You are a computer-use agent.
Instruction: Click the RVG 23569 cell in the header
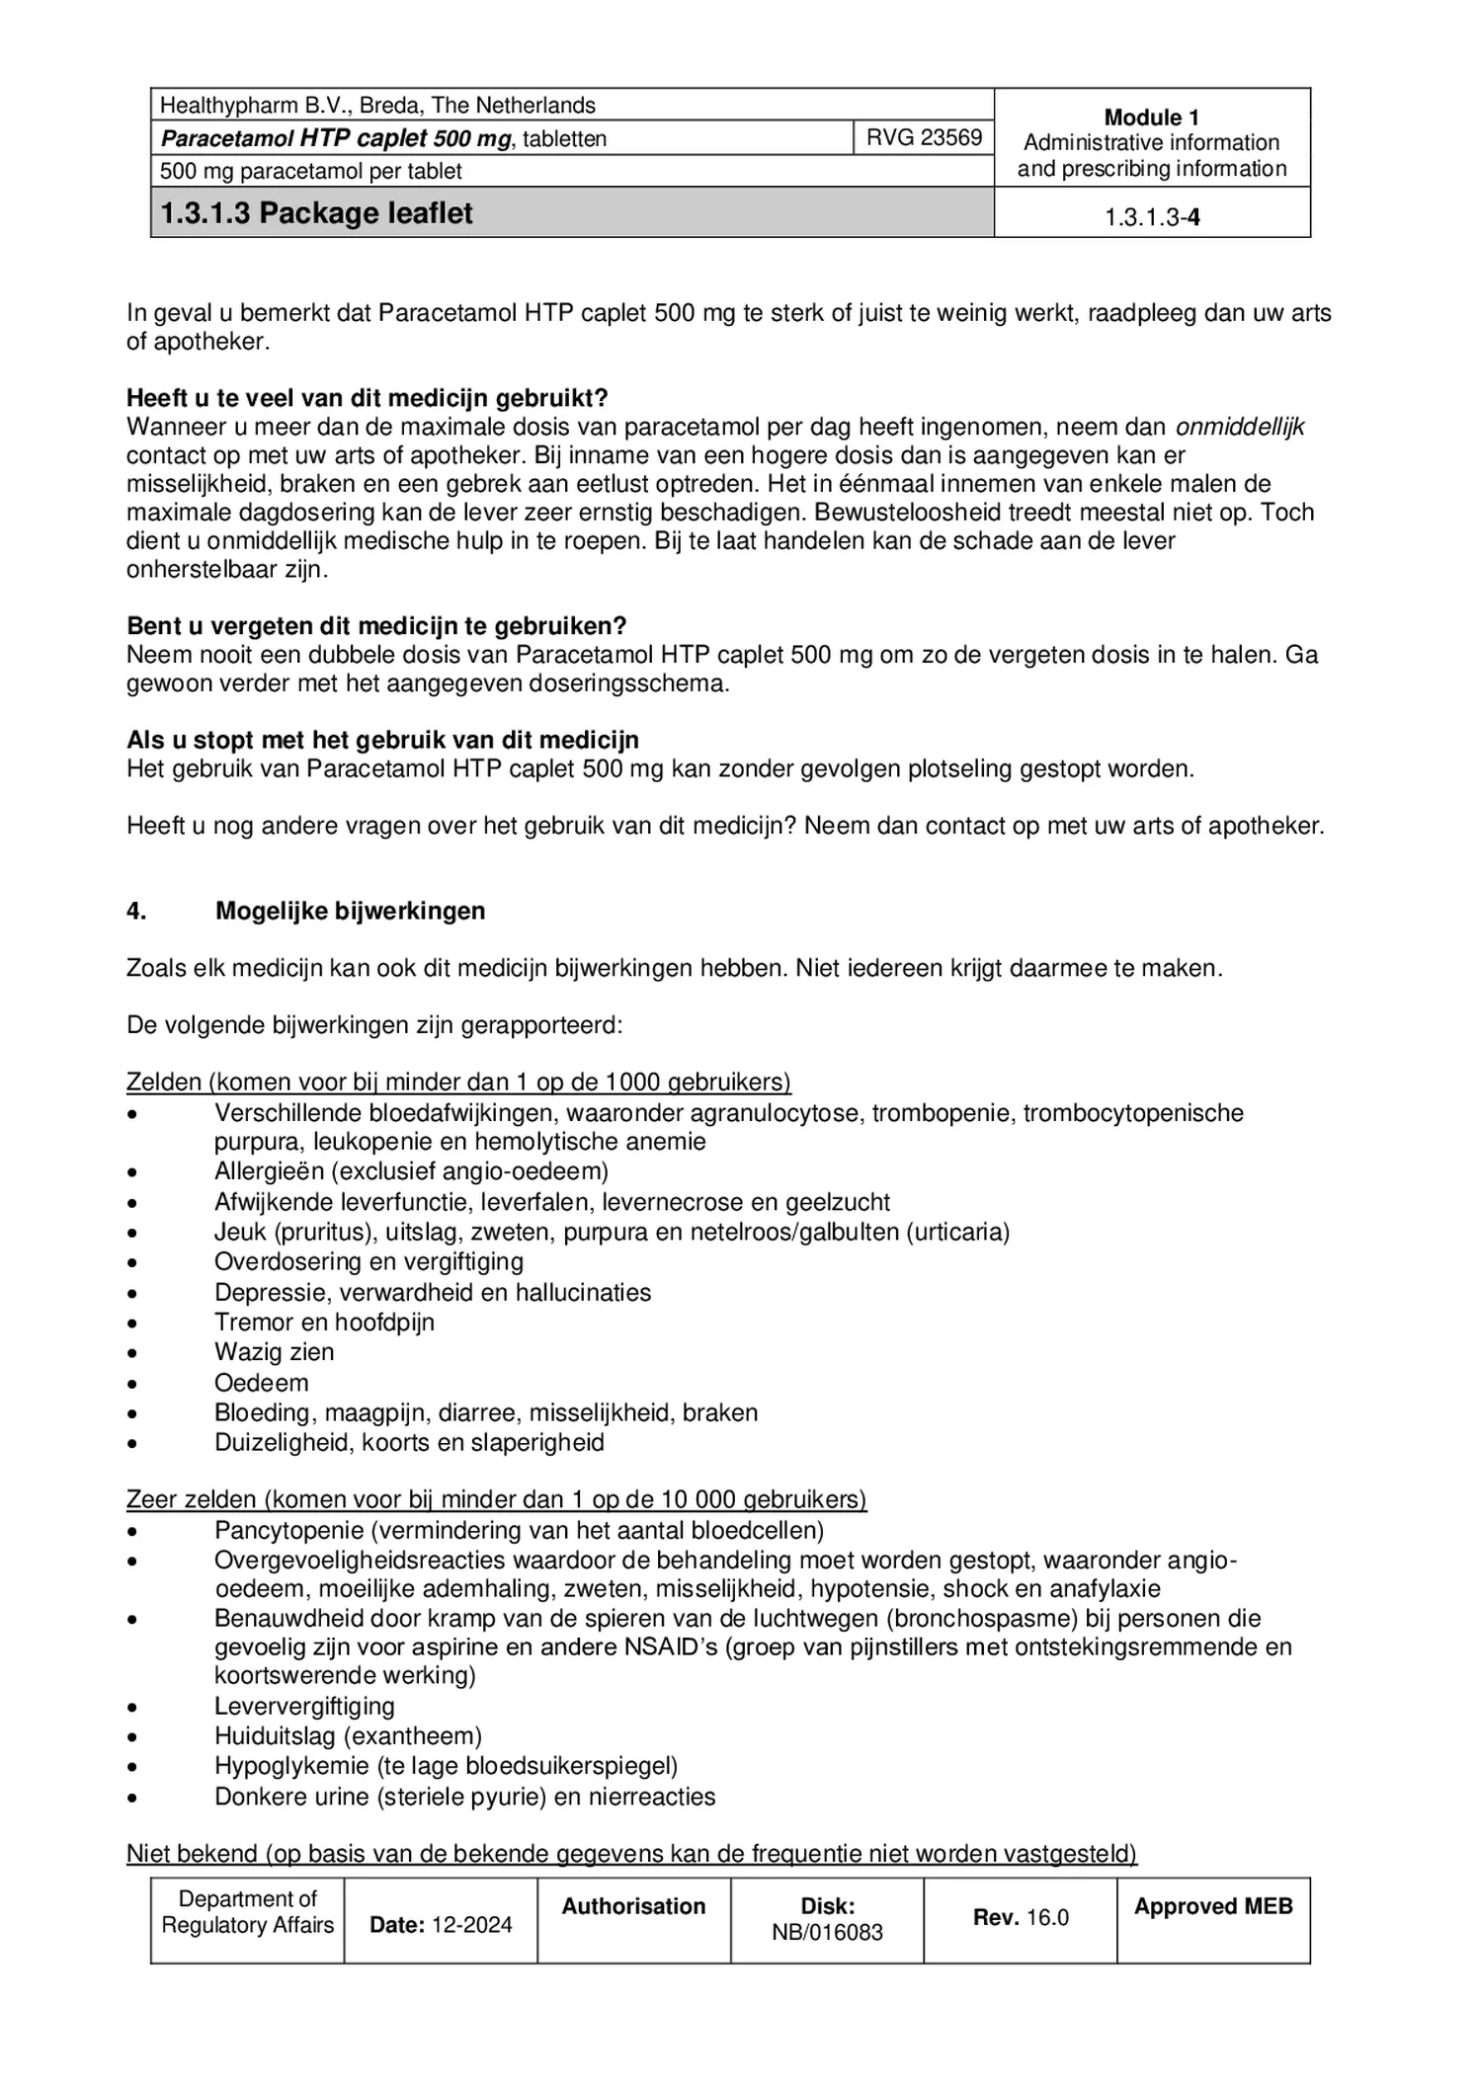click(923, 137)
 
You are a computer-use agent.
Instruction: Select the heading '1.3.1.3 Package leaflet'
click(316, 213)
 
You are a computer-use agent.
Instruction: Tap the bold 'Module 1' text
click(1151, 117)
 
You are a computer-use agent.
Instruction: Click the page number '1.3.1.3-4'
click(1151, 217)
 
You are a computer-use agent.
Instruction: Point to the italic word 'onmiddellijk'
click(1239, 427)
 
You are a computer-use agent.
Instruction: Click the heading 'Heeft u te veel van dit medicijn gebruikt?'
click(367, 398)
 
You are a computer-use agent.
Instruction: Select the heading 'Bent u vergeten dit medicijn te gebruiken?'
click(376, 626)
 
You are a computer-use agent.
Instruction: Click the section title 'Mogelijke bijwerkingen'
click(350, 911)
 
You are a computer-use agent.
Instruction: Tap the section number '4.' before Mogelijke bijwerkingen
click(136, 911)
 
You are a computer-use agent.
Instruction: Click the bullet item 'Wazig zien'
click(274, 1352)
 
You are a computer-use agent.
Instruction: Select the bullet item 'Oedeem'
click(261, 1383)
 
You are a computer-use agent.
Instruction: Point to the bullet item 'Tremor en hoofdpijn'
click(324, 1322)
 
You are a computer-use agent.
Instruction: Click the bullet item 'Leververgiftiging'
click(304, 1706)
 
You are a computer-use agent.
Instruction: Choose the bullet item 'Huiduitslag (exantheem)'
click(348, 1735)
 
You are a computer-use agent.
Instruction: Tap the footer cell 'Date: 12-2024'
click(441, 1924)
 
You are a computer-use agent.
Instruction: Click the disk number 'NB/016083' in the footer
click(827, 1932)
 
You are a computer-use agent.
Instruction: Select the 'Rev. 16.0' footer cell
click(1020, 1917)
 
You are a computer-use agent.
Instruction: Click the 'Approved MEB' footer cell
click(1212, 1906)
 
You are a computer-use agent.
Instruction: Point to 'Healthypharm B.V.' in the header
click(252, 105)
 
